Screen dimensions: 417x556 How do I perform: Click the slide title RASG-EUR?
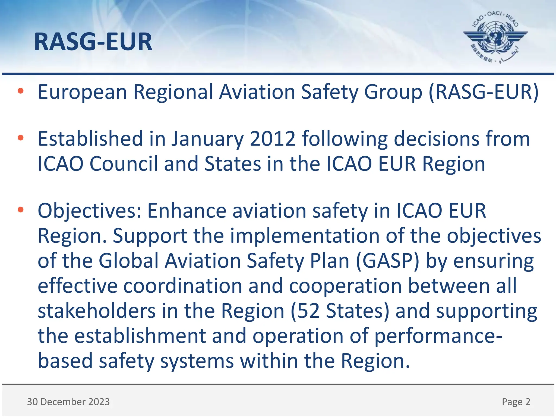[x=93, y=42]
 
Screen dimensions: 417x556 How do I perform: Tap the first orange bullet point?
[x=21, y=91]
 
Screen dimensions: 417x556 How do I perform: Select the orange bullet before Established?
[x=21, y=138]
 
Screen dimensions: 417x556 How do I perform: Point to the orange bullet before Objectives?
[x=21, y=210]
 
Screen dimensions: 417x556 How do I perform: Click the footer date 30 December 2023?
[x=68, y=402]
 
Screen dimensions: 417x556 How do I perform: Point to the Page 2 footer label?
[x=516, y=402]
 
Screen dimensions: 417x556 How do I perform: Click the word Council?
[x=124, y=164]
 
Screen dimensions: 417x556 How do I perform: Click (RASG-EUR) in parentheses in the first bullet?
[x=484, y=92]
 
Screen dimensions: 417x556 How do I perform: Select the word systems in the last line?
[x=197, y=361]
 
